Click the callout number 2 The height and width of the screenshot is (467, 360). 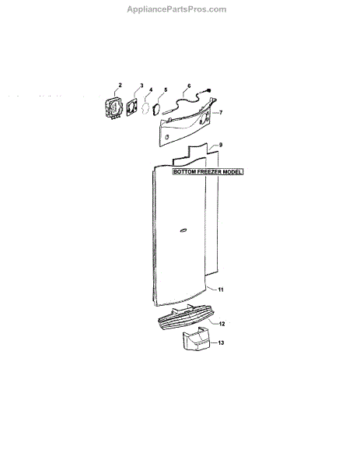(x=120, y=85)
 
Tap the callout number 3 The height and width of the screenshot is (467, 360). (x=142, y=86)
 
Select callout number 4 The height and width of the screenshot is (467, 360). (x=151, y=90)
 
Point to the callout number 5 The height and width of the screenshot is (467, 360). (x=166, y=90)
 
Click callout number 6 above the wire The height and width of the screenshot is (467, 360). (x=189, y=86)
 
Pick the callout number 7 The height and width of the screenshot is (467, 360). (x=221, y=113)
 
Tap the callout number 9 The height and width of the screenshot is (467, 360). (x=221, y=145)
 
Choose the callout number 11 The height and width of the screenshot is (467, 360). (x=221, y=290)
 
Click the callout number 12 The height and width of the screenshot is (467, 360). (x=222, y=324)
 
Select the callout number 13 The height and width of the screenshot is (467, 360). (x=221, y=342)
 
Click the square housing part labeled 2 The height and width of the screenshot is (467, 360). (x=114, y=109)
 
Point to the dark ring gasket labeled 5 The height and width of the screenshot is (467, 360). (x=156, y=109)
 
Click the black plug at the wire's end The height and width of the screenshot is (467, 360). (x=208, y=90)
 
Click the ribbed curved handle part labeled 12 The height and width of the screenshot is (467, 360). (x=186, y=320)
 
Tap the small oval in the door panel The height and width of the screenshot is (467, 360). (x=183, y=230)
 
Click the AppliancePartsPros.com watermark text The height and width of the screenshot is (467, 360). (x=177, y=9)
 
